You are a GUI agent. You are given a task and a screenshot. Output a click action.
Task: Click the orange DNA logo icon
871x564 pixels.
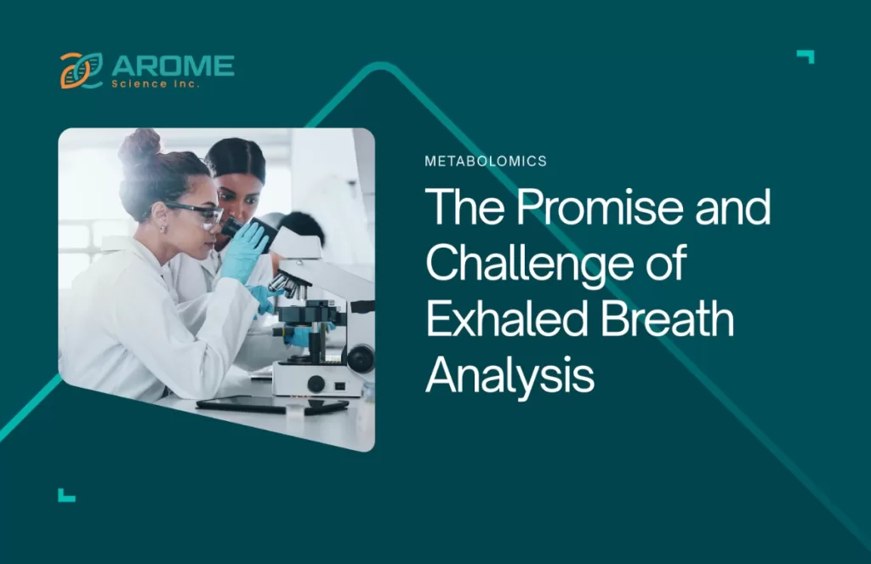pyautogui.click(x=82, y=71)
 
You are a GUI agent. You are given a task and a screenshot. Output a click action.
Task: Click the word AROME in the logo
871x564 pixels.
pyautogui.click(x=173, y=66)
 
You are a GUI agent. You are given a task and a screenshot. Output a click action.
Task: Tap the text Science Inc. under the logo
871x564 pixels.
pyautogui.click(x=156, y=84)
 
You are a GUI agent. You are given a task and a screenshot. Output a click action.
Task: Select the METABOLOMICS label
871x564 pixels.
pyautogui.click(x=486, y=161)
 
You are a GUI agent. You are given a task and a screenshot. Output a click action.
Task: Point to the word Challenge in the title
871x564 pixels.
pyautogui.click(x=529, y=265)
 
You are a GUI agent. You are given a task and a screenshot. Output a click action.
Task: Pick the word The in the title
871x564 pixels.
pyautogui.click(x=465, y=207)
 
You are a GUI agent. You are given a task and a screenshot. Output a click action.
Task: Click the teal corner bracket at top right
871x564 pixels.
pyautogui.click(x=806, y=56)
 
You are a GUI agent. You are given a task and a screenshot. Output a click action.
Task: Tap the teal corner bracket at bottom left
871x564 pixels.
pyautogui.click(x=66, y=495)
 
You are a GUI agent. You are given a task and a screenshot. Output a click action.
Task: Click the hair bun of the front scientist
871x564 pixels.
pyautogui.click(x=139, y=145)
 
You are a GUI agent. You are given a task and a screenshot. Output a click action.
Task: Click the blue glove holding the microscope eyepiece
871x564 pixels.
pyautogui.click(x=244, y=249)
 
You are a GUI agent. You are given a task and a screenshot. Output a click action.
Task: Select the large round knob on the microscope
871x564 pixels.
pyautogui.click(x=361, y=359)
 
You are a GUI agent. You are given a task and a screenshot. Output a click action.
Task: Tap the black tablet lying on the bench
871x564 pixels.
pyautogui.click(x=271, y=405)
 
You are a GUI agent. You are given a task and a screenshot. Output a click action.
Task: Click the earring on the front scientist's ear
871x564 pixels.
pyautogui.click(x=162, y=229)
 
